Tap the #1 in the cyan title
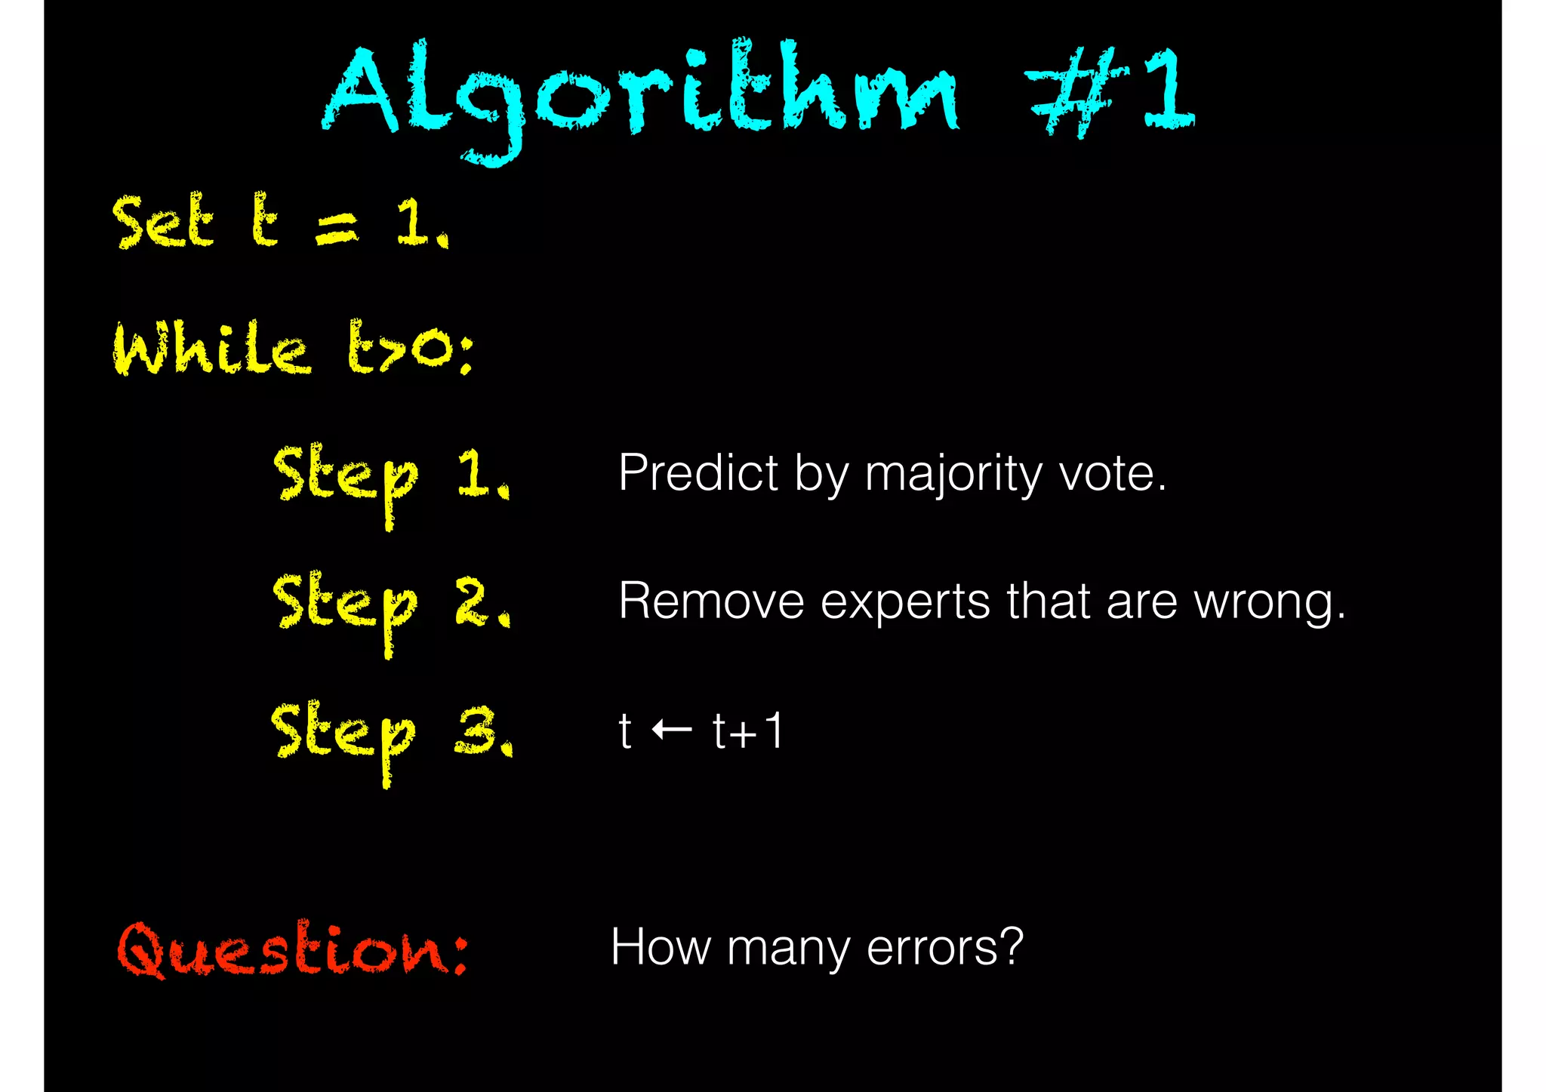click(1110, 91)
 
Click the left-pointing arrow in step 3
click(671, 730)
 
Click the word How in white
click(660, 946)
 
